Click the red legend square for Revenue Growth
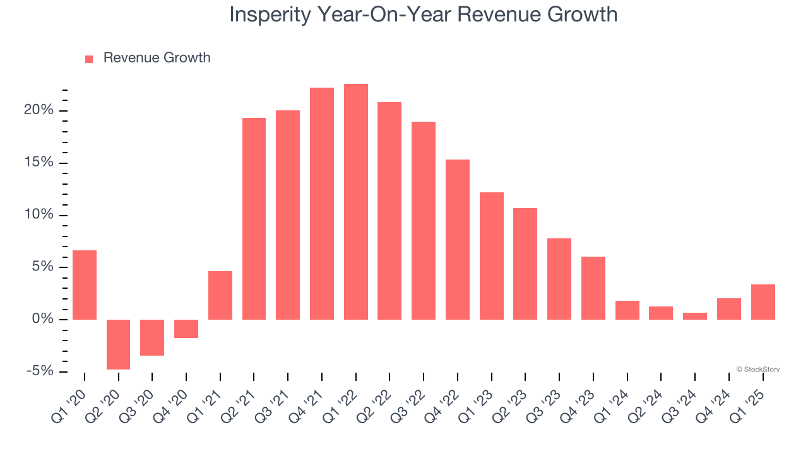[x=89, y=59]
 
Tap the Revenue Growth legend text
[x=157, y=58]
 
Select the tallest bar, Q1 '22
[x=356, y=202]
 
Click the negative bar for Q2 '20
[x=118, y=344]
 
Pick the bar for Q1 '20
[x=85, y=285]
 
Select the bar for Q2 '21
[x=254, y=219]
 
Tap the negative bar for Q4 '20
[x=186, y=329]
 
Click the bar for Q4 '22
[x=458, y=240]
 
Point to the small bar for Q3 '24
[x=695, y=316]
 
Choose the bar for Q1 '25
[x=763, y=302]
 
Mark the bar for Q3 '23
[x=559, y=279]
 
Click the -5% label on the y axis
[x=39, y=371]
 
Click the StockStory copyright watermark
[x=757, y=370]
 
